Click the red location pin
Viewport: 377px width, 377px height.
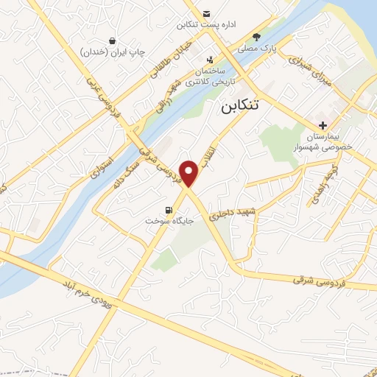point(190,172)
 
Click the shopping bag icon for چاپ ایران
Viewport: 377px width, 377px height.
point(111,40)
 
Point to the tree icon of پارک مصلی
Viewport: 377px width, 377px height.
point(256,36)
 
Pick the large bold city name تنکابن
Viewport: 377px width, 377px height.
point(242,108)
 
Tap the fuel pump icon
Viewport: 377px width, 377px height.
point(170,209)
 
